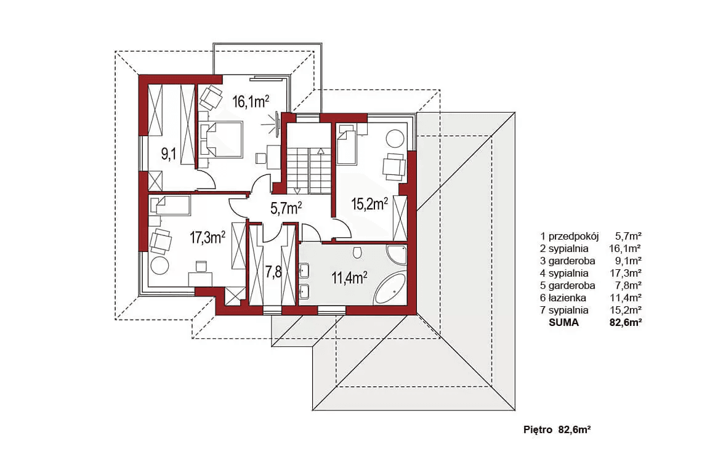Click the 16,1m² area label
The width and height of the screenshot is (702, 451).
[250, 102]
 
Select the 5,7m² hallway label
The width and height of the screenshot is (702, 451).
[286, 208]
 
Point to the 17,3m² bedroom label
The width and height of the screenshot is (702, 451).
[208, 237]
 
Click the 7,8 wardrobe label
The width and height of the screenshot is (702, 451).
[273, 272]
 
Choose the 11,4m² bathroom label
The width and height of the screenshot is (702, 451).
[349, 278]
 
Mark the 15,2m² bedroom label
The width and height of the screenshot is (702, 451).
[369, 204]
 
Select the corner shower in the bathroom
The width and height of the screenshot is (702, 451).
[396, 254]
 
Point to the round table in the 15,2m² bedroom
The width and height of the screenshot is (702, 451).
[395, 139]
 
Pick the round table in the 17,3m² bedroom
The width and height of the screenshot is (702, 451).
[159, 266]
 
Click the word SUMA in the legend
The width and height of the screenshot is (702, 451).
[563, 322]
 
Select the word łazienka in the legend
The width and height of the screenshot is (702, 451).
[567, 298]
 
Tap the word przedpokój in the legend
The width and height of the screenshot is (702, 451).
[573, 236]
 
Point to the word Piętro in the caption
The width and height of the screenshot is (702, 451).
[538, 430]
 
